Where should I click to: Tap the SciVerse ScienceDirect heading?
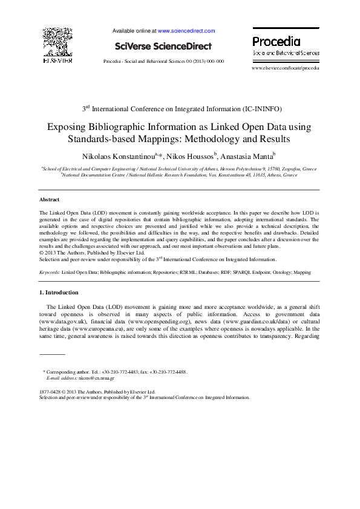click(x=164, y=46)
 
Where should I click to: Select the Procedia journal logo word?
click(x=276, y=42)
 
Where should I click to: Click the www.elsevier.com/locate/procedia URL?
click(x=285, y=68)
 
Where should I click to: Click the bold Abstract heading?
click(x=50, y=199)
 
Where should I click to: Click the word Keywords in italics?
click(x=49, y=273)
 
